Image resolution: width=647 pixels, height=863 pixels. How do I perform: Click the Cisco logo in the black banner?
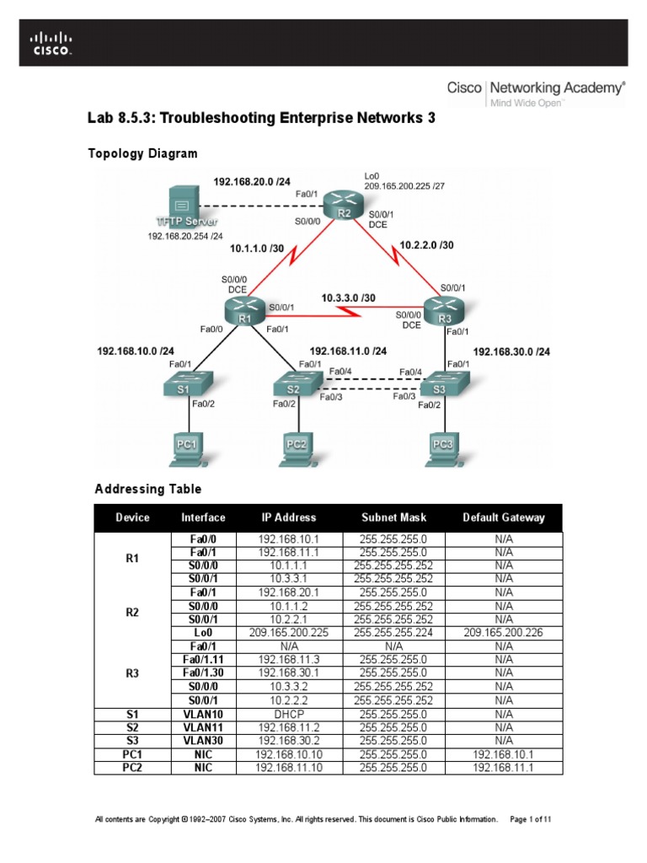coord(51,43)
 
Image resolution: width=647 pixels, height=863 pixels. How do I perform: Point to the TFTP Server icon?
coord(180,203)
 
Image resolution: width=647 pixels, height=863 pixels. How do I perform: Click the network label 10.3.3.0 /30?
coord(349,297)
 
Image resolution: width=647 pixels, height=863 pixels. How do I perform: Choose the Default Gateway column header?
coord(504,517)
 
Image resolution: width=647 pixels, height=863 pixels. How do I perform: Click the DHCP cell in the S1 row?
coord(288,714)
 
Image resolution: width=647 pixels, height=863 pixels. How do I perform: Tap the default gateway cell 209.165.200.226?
coord(504,631)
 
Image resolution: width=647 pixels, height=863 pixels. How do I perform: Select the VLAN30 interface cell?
coord(203,741)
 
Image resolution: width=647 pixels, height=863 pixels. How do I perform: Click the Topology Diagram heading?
coord(143,153)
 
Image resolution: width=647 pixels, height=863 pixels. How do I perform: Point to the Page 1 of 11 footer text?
coord(532,819)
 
